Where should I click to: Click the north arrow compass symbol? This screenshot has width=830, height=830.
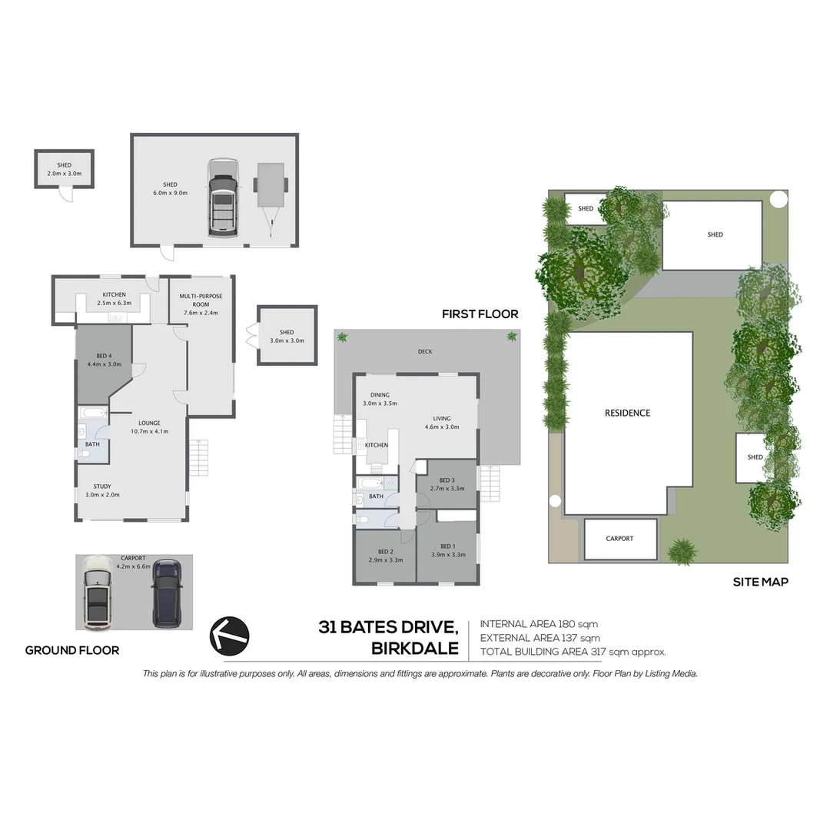(229, 635)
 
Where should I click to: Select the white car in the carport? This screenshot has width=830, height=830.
(98, 590)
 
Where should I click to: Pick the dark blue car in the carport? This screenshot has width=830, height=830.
(167, 592)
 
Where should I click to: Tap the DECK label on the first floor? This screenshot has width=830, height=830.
(425, 352)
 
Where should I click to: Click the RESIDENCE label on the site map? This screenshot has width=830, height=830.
(627, 413)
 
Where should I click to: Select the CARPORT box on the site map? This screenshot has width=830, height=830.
(620, 539)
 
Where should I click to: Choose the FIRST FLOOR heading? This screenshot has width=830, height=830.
(480, 314)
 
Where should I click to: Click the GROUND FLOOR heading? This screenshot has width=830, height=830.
(72, 650)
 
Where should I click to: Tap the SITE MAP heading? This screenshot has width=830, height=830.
(760, 582)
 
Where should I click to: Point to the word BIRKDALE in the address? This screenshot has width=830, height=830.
(414, 648)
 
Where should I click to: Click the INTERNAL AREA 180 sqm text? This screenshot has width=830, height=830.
(539, 624)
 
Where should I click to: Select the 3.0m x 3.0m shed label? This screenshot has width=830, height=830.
(287, 340)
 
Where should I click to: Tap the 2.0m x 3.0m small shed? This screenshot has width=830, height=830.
(64, 169)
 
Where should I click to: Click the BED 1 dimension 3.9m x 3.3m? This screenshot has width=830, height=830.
(447, 554)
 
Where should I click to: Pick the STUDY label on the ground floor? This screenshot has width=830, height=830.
(102, 486)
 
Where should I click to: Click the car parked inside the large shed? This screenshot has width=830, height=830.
(222, 198)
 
